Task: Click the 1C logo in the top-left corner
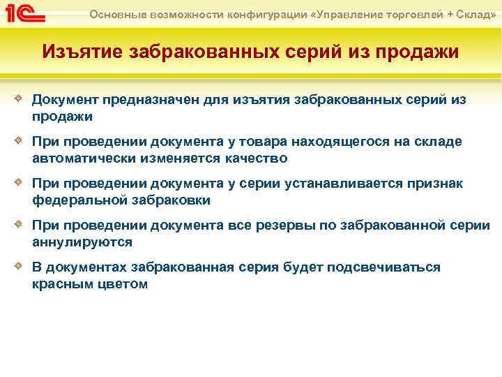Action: pyautogui.click(x=25, y=13)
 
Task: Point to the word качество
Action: pyautogui.click(x=255, y=158)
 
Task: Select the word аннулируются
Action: pyautogui.click(x=82, y=242)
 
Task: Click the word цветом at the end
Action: pyautogui.click(x=123, y=284)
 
